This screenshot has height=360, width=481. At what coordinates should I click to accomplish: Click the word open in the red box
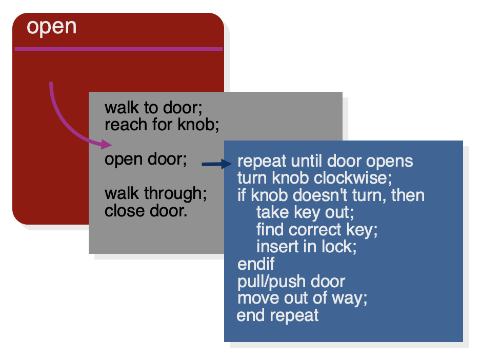coord(51,28)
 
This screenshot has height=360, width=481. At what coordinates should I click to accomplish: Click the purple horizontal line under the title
coord(119,49)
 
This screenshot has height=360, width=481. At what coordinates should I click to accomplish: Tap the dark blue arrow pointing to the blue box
coord(216,164)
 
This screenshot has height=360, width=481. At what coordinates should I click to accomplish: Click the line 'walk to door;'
coord(153,108)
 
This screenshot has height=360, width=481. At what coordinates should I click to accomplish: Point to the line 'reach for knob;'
coord(162,125)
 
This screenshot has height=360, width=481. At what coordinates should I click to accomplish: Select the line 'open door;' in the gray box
coord(146,159)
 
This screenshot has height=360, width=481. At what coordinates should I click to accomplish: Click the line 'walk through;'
coord(155,194)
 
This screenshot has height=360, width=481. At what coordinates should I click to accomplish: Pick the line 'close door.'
coord(146,211)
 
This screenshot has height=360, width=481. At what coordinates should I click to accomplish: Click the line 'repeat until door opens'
coord(325,162)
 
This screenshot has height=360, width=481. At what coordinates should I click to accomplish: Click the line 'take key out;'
coord(305,212)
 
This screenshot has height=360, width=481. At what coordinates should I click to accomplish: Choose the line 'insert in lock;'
coord(306,247)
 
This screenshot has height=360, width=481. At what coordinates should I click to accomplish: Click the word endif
coord(256,264)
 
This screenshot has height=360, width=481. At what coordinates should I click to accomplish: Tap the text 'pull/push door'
coord(291,282)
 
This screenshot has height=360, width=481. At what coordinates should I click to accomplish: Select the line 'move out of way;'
coord(302,298)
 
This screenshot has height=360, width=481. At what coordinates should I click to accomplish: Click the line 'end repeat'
coord(277,315)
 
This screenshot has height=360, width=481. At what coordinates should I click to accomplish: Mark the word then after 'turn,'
coord(408,195)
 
